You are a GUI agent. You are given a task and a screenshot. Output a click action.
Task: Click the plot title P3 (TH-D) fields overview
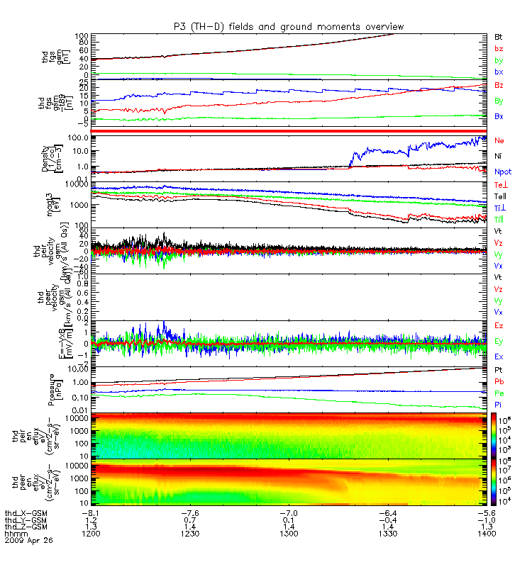pyautogui.click(x=289, y=26)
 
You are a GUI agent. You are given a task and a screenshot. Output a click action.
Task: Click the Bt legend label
pyautogui.click(x=499, y=35)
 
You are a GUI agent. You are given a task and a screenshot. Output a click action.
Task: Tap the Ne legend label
pyautogui.click(x=499, y=140)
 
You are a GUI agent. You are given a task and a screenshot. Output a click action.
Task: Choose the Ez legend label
pyautogui.click(x=499, y=325)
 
